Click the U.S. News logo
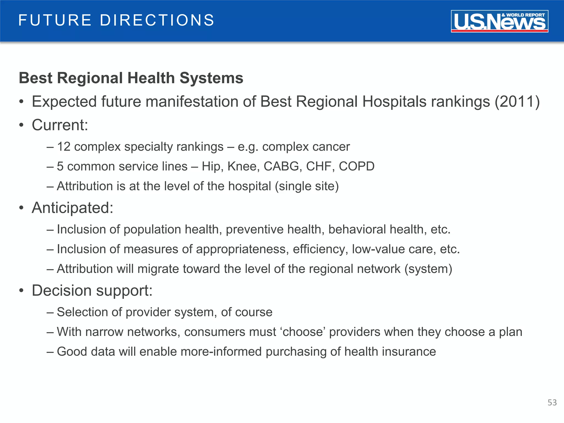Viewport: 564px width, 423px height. click(499, 21)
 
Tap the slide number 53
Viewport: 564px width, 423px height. click(552, 403)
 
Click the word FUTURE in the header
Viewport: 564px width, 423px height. click(55, 20)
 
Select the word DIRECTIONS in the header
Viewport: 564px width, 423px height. click(157, 20)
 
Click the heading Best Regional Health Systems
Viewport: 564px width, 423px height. click(131, 78)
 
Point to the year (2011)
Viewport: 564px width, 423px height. click(517, 102)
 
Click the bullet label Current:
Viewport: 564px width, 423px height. click(60, 125)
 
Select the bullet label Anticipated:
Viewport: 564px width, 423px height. click(72, 208)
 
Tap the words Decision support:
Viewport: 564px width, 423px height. click(92, 291)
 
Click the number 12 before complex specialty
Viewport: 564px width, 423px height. click(64, 147)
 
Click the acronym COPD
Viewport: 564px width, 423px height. click(356, 166)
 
